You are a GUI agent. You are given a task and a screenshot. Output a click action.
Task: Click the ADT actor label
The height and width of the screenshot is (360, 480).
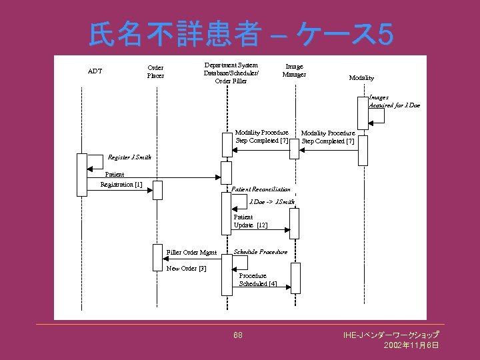point(95,71)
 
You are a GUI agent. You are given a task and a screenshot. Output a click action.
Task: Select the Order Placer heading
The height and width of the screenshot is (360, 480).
point(155,71)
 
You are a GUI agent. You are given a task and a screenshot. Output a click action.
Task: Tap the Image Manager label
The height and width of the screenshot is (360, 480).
point(294,70)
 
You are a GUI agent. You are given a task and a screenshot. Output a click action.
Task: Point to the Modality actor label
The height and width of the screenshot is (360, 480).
point(361,78)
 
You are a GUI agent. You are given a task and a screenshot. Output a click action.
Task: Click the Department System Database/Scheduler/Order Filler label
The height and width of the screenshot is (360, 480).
point(231,73)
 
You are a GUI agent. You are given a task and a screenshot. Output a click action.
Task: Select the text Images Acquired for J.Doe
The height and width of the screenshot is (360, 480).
point(395,101)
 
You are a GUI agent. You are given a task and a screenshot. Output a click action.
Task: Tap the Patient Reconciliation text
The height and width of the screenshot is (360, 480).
point(261,189)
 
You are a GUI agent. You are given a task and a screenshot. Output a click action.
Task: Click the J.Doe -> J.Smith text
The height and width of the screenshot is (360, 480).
point(271,201)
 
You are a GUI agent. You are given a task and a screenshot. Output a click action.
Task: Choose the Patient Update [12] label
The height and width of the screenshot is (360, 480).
point(250,221)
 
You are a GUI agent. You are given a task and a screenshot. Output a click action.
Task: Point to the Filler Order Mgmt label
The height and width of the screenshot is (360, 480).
point(191,253)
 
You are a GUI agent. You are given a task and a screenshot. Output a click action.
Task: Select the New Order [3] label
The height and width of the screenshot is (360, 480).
point(186,269)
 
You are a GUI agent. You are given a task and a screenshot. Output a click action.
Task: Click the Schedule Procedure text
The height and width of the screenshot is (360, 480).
point(261,252)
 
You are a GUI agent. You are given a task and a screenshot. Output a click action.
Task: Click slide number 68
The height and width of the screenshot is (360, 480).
point(238,335)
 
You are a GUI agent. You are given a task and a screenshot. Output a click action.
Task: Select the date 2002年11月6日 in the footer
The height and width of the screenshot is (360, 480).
point(411,345)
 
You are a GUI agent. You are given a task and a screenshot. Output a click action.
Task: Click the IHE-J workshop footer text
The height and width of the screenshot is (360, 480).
point(391,334)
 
